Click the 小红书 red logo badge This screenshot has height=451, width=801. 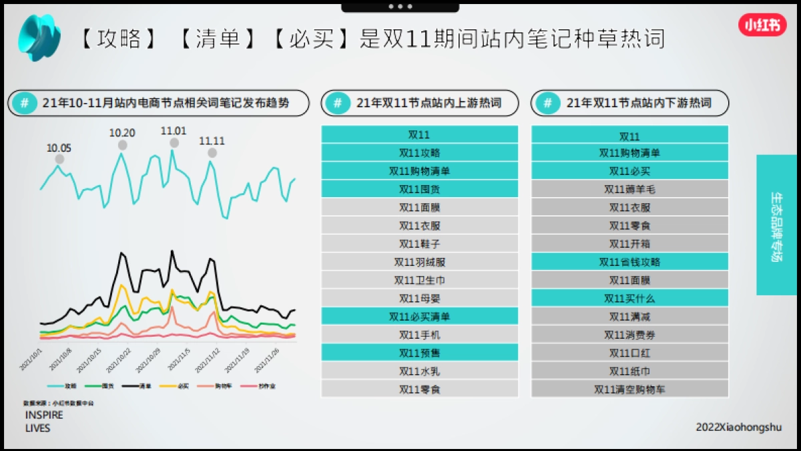762,25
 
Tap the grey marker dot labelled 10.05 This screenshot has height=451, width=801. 59,159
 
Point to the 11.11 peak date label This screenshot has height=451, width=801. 212,141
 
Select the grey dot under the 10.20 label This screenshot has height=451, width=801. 122,145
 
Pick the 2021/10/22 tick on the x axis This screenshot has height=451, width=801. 121,359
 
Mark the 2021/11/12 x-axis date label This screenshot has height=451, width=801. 210,359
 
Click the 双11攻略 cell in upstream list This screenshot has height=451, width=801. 419,153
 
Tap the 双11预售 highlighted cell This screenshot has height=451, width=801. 419,353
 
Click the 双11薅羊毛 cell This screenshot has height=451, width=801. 629,190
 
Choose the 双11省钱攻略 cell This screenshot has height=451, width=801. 629,262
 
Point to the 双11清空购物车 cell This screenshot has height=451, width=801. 629,389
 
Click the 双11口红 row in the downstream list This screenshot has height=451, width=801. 629,353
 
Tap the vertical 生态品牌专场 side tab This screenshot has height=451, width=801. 776,225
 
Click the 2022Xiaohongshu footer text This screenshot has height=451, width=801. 738,427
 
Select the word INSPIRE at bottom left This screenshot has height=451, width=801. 44,415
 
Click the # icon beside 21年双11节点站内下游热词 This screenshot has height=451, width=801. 547,103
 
